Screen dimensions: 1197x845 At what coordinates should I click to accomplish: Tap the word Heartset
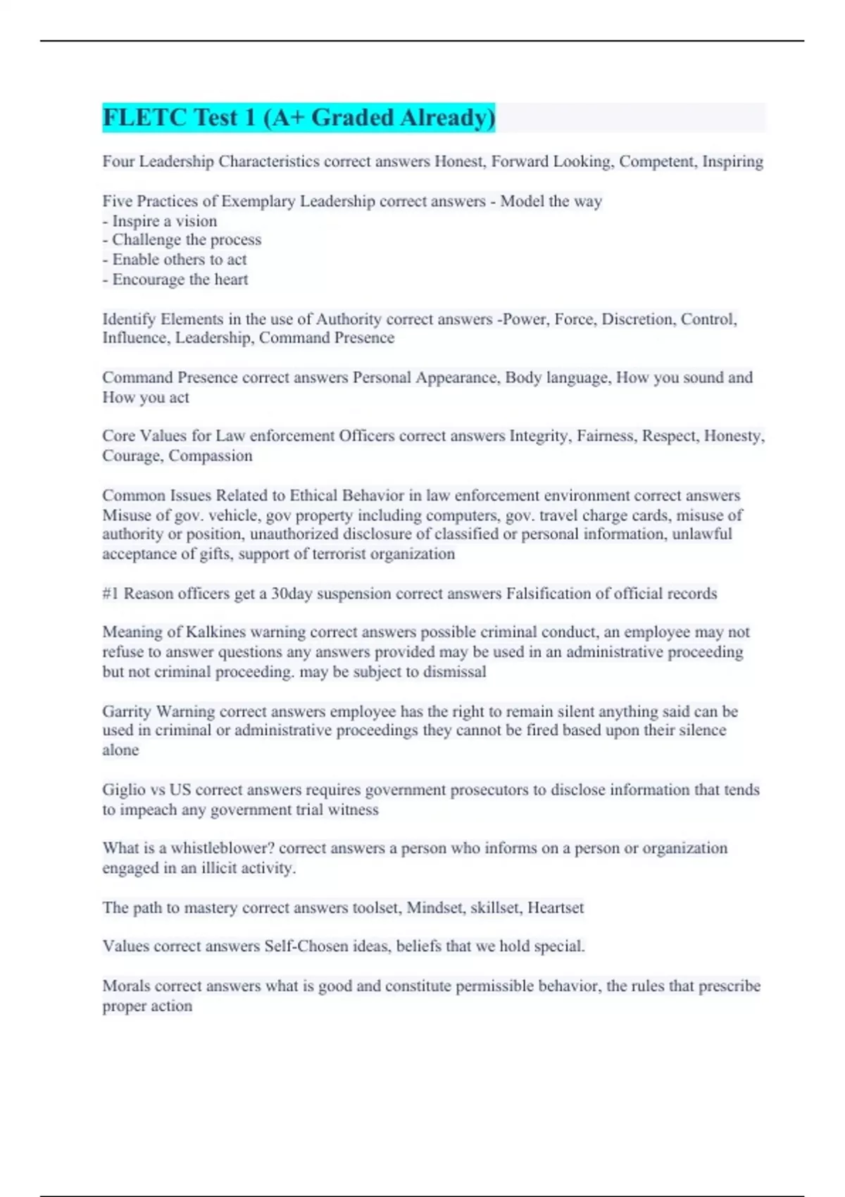pos(556,908)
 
